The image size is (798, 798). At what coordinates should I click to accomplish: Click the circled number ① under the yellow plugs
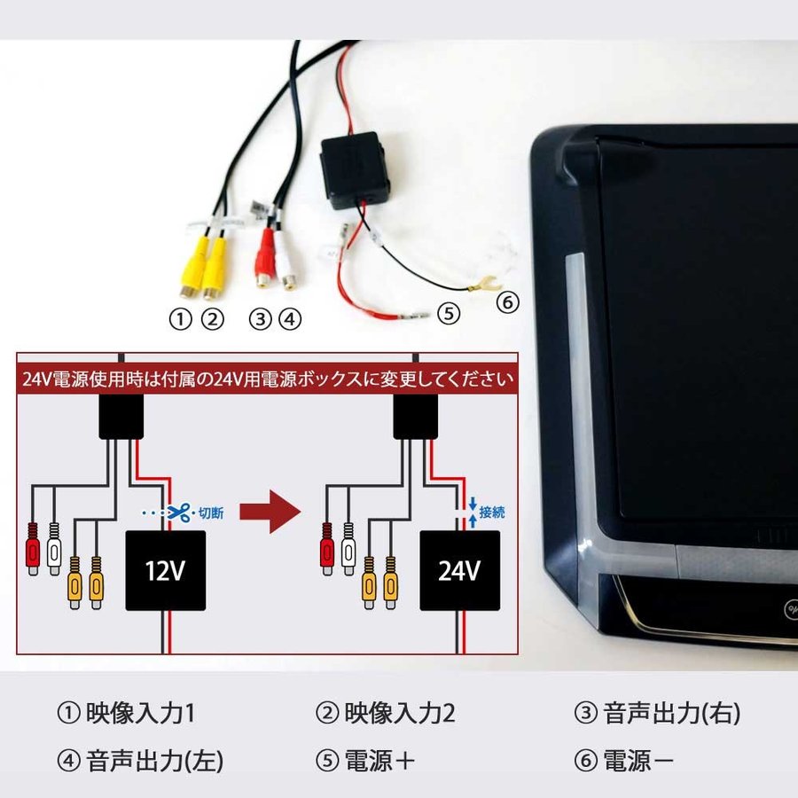coord(181,320)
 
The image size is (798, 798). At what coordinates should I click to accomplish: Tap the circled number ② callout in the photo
coord(211,320)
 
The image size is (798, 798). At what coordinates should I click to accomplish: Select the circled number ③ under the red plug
coord(259,320)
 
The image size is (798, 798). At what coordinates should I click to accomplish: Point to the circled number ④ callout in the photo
coord(290,320)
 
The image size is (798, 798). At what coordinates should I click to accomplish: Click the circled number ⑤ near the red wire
coord(450,313)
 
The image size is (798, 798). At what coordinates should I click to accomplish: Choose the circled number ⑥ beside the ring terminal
coord(506,302)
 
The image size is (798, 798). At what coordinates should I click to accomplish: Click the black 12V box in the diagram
coord(166,570)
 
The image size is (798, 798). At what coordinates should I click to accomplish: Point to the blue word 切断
coord(212,512)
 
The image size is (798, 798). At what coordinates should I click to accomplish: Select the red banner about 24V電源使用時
coord(268,379)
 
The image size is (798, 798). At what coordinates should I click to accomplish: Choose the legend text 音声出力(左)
coord(155,761)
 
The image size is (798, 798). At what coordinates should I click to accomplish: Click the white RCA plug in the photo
coord(286,258)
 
